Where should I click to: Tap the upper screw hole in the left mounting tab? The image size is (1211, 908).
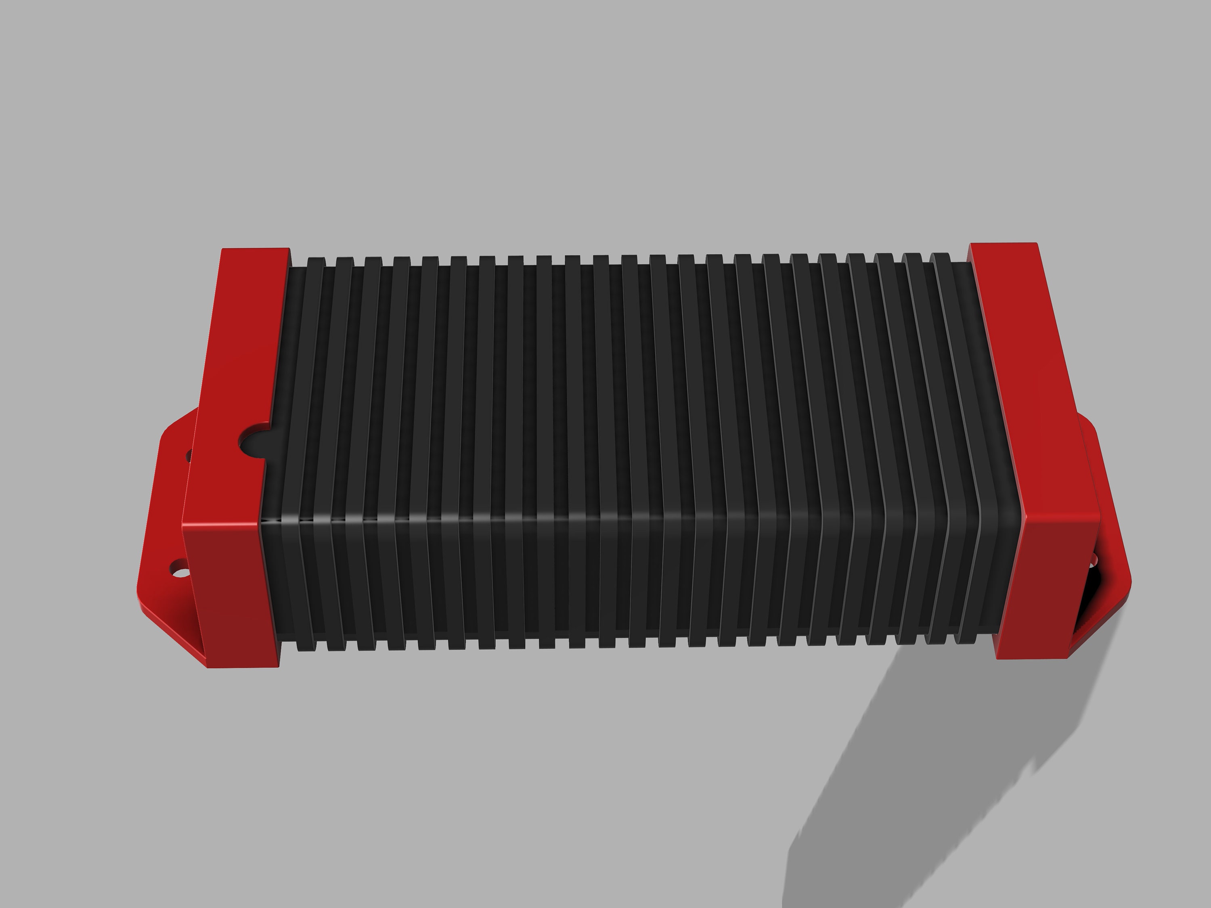189,455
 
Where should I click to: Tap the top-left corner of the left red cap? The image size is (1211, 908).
223,251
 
